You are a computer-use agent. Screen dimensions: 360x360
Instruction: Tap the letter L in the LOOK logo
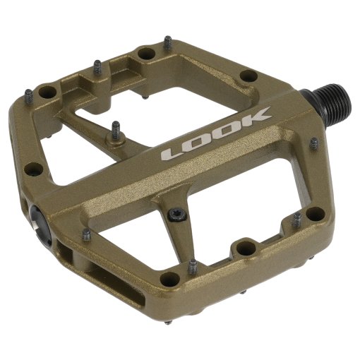175,153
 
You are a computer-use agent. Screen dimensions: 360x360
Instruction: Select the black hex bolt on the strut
177,215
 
